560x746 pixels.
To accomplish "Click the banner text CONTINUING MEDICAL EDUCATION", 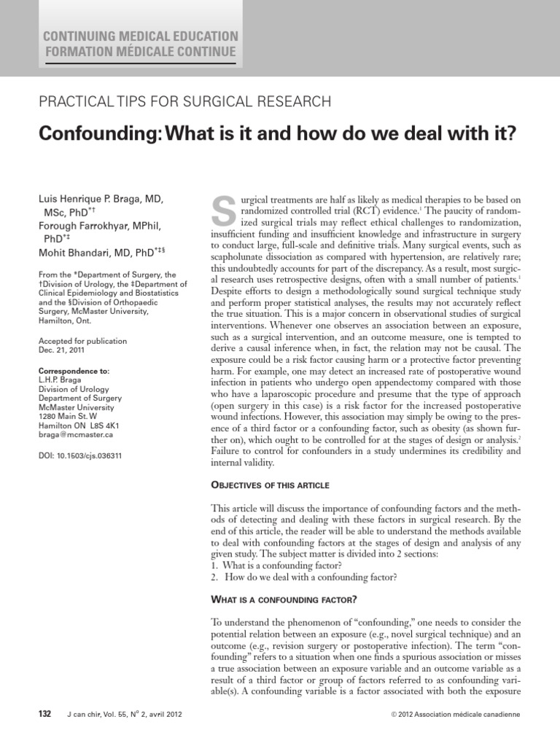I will coord(141,36).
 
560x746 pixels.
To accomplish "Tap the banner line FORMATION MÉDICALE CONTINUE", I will coord(140,52).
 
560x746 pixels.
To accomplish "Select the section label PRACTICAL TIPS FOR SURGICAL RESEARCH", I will coord(185,101).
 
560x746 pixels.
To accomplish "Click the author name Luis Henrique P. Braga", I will coord(101,199).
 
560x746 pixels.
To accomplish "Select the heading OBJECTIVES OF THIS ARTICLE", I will coord(271,484).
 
